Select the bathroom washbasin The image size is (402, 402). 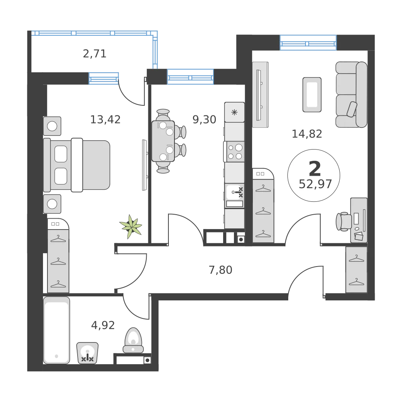pyautogui.click(x=87, y=352)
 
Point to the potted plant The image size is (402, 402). pyautogui.click(x=131, y=227)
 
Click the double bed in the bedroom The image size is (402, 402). pyautogui.click(x=76, y=165)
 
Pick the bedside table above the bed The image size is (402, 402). pyautogui.click(x=52, y=126)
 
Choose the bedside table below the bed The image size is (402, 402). pyautogui.click(x=52, y=204)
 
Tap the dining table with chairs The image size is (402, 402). pyautogui.click(x=164, y=141)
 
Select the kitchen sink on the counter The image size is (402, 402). pyautogui.click(x=235, y=193)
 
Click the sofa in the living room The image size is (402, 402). pyautogui.click(x=351, y=94)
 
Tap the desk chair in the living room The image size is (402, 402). pyautogui.click(x=343, y=221)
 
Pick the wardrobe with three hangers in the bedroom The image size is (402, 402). pyautogui.click(x=59, y=260)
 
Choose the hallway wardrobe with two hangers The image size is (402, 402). pyautogui.click(x=356, y=270)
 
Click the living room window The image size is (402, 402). pyautogui.click(x=308, y=42)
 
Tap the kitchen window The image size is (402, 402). pyautogui.click(x=190, y=77)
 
